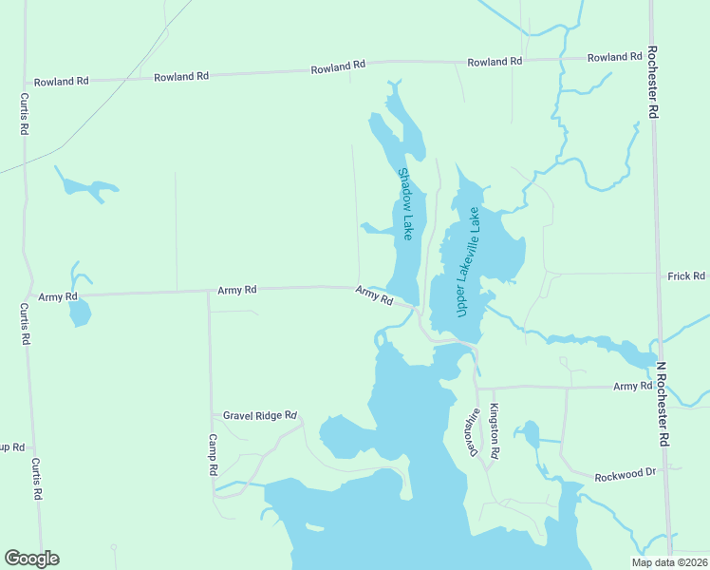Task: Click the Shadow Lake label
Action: tap(406, 203)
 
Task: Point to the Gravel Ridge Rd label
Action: tap(260, 416)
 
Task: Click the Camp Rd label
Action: tap(214, 457)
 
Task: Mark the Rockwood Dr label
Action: tap(625, 475)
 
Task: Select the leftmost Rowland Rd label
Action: tap(61, 82)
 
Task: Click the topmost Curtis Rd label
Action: tap(22, 114)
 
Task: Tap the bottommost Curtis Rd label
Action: tap(37, 480)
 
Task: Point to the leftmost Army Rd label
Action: tap(58, 297)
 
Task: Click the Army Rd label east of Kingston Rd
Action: tap(632, 386)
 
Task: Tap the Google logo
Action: tap(31, 559)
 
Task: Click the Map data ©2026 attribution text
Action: tap(668, 562)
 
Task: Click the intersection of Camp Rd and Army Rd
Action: tap(209, 292)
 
